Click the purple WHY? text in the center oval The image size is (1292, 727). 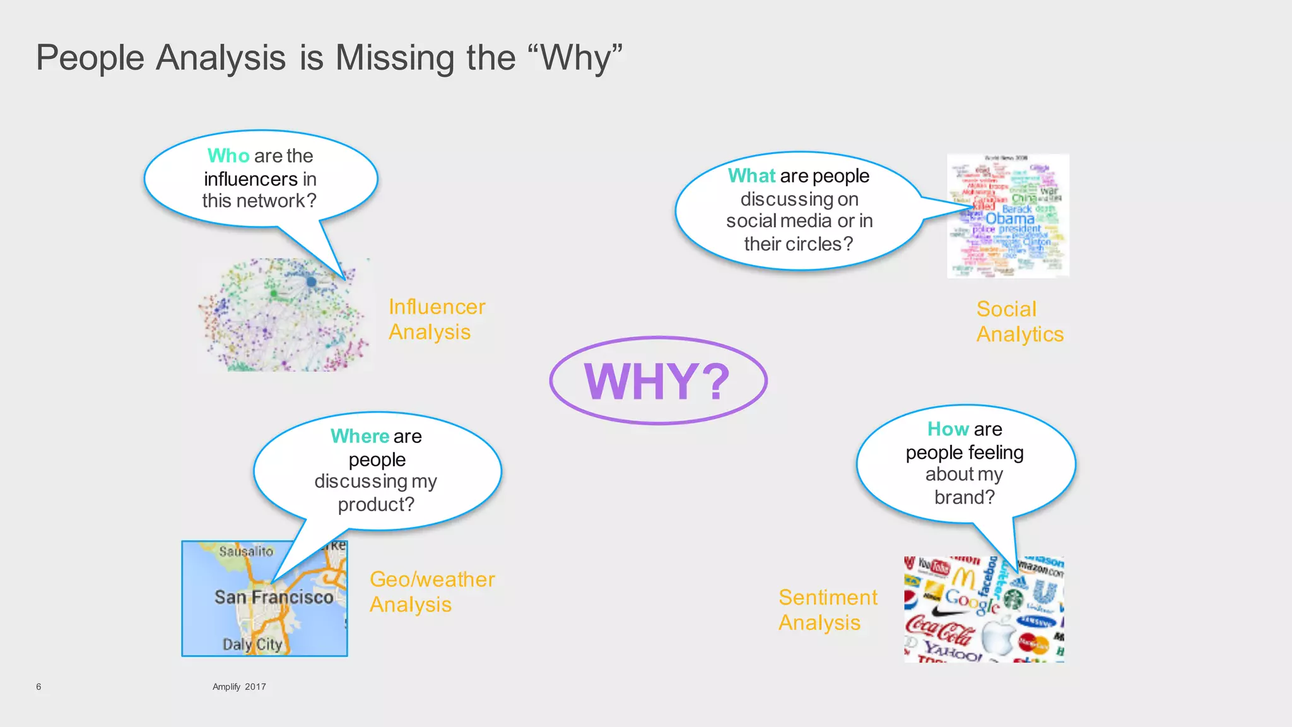[657, 381]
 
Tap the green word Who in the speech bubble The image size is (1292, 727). [228, 155]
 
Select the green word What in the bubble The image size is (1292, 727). [751, 175]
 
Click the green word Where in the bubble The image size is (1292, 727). [360, 436]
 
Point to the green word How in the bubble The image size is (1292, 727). [948, 429]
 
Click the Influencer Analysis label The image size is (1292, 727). [436, 319]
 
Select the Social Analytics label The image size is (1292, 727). [1019, 322]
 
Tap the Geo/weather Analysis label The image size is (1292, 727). [432, 592]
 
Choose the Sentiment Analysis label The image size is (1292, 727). [827, 610]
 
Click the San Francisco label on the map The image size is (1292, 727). [273, 597]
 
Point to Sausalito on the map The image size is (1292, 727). [246, 552]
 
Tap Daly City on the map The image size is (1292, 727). [252, 644]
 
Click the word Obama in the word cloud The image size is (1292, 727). [1009, 218]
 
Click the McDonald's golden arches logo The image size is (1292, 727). [963, 577]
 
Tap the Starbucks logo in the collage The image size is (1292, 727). [1013, 598]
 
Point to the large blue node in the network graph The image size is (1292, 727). [311, 282]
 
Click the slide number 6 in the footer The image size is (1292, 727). [38, 687]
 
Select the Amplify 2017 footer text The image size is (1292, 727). [239, 687]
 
